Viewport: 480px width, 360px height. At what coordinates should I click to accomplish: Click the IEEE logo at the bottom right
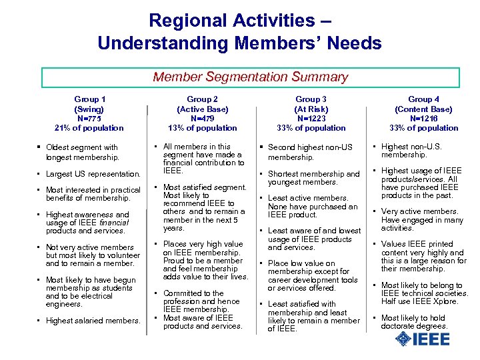[422, 339]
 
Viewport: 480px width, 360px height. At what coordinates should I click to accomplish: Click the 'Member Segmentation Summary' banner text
[250, 77]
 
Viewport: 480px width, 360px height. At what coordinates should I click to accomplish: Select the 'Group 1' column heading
[89, 99]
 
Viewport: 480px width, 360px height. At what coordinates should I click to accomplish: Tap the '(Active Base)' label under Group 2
[202, 109]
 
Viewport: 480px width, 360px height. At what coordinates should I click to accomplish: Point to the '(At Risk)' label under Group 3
[311, 109]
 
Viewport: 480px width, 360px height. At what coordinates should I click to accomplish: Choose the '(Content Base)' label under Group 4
[423, 109]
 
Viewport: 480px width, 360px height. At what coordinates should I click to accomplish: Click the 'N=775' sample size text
[89, 118]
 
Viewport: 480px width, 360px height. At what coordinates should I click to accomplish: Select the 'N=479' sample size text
[202, 118]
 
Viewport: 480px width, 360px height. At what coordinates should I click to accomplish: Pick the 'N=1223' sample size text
[311, 118]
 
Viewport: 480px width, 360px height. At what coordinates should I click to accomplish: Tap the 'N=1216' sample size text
[423, 118]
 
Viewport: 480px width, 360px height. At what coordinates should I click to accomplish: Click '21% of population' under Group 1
[89, 128]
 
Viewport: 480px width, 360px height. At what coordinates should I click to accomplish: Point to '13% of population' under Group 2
[202, 128]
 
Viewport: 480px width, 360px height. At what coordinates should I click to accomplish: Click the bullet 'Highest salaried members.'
[93, 321]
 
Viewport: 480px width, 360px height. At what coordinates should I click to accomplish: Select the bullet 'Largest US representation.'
[93, 174]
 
